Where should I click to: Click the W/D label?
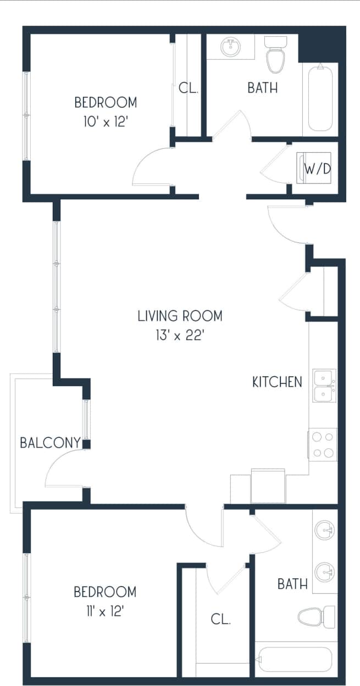point(318,169)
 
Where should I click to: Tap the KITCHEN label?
point(277,382)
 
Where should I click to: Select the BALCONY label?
point(50,443)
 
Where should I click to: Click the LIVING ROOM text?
point(180,316)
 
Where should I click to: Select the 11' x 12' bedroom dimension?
point(105,611)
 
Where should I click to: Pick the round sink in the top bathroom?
point(231,47)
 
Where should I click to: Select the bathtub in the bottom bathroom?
point(295,659)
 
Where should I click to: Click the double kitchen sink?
point(324,386)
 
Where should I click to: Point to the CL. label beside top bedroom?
point(189,88)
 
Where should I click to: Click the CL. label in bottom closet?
point(220,619)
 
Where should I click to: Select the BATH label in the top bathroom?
point(262,88)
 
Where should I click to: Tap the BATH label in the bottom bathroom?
point(292,584)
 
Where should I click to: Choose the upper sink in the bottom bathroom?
point(325,531)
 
